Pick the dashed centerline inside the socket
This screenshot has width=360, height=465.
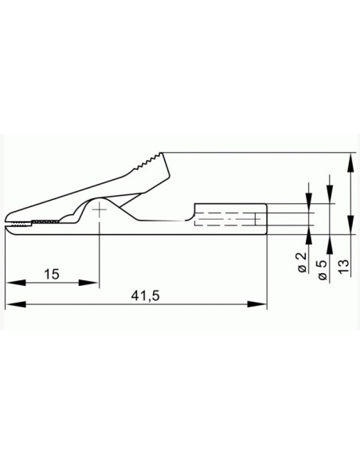pos(231,220)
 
